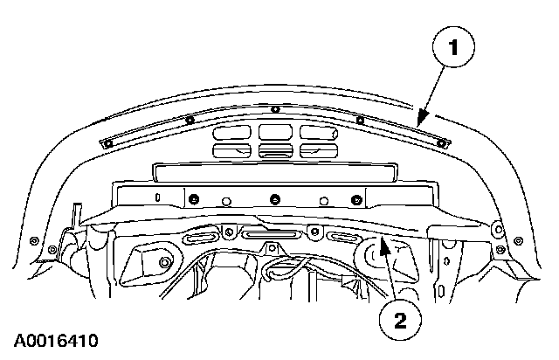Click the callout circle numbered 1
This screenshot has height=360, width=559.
point(453,46)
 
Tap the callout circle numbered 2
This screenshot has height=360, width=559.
point(400,320)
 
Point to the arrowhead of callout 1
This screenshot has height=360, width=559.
point(421,119)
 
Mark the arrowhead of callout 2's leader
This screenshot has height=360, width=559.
point(383,246)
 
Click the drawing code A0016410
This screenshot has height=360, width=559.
point(56,341)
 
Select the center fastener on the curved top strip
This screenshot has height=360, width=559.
point(274,109)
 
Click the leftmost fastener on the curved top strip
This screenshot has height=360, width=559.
point(108,143)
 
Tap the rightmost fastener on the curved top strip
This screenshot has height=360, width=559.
point(441,144)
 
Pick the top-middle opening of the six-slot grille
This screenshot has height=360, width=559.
point(275,132)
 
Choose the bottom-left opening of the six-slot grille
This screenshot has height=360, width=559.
point(231,151)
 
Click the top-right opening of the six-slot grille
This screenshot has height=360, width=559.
point(319,132)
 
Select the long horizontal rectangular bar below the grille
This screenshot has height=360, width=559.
point(275,173)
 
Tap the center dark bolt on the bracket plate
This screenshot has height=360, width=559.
point(274,199)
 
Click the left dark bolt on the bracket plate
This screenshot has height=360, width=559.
point(194,199)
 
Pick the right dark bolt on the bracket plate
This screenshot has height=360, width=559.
point(355,200)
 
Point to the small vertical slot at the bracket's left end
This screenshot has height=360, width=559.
point(157,197)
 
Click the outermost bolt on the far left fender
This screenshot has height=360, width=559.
point(34,240)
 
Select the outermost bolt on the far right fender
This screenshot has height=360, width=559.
point(518,241)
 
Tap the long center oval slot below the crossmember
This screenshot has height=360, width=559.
point(269,234)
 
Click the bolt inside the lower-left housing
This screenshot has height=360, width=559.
point(164,263)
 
